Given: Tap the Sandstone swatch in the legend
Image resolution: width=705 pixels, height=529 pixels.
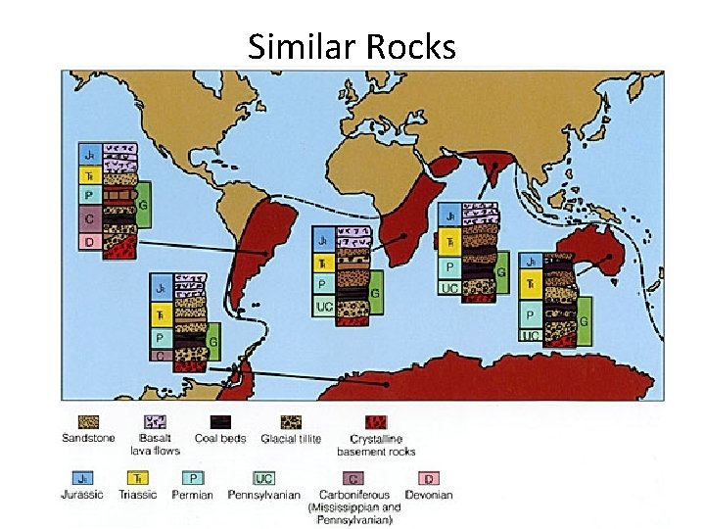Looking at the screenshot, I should (x=89, y=421).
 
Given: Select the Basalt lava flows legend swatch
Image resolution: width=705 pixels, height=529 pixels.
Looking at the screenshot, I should (x=154, y=421).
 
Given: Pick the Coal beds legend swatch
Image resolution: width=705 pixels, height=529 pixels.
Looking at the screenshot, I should (x=219, y=421).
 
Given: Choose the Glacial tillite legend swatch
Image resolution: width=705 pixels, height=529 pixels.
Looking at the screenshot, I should (x=291, y=421).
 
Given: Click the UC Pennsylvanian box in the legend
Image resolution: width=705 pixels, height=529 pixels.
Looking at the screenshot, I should (x=263, y=479).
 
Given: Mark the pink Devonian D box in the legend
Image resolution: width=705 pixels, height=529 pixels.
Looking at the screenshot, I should (x=427, y=479).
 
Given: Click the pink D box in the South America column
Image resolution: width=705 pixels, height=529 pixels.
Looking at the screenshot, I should (x=89, y=241).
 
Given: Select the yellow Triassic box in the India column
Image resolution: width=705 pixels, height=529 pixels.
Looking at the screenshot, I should (x=449, y=241).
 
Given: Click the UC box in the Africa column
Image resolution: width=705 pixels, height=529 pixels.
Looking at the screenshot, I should (x=324, y=307).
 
